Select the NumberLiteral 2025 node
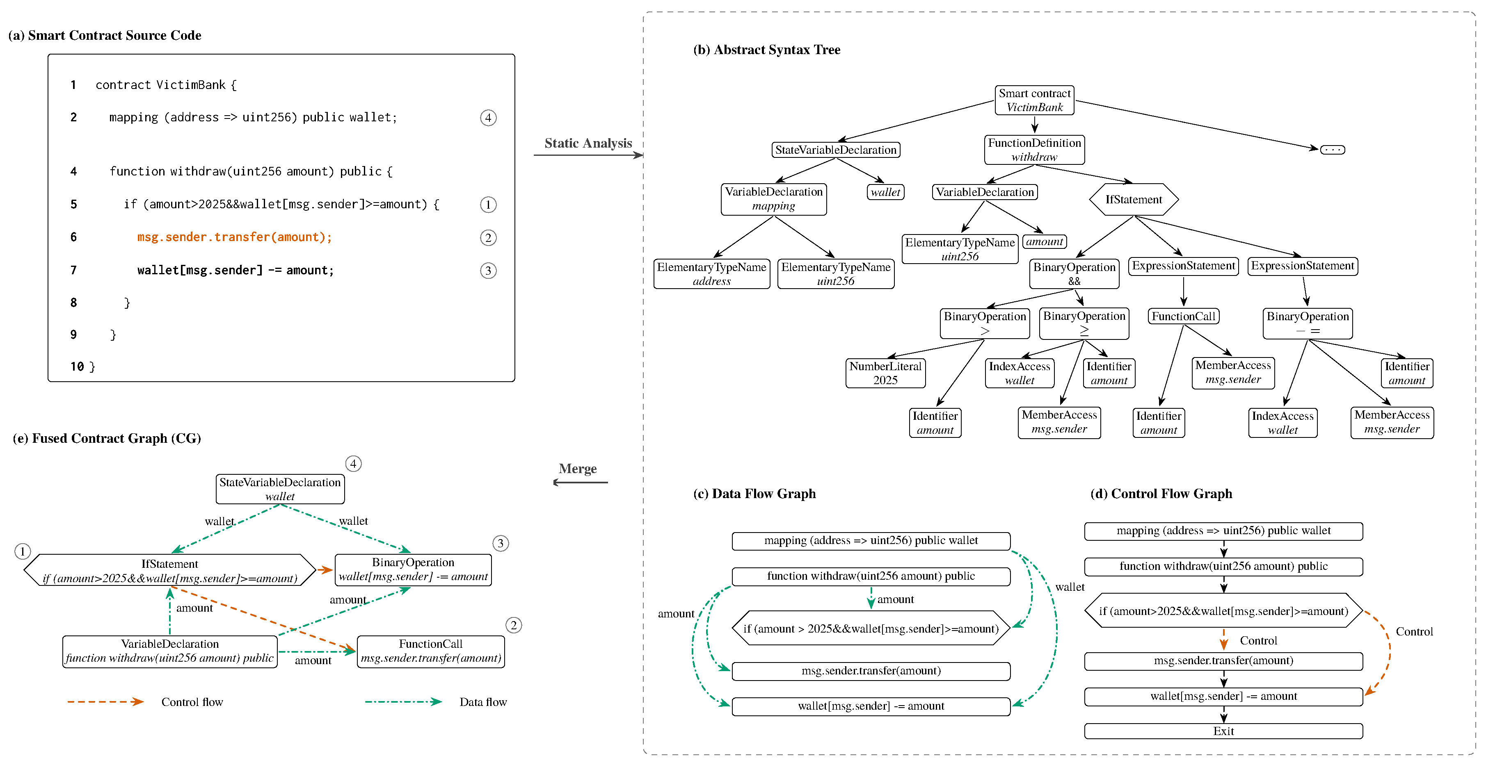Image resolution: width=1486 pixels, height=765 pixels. (885, 373)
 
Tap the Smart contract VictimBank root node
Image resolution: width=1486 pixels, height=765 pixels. (1034, 100)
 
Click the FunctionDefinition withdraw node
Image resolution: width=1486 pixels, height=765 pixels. (1034, 149)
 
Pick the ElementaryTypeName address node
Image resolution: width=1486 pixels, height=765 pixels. (711, 274)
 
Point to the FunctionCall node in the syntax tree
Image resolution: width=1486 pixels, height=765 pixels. (1183, 316)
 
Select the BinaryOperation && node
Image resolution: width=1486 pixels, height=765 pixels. (1074, 274)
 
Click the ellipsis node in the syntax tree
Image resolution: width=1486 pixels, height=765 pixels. (1333, 149)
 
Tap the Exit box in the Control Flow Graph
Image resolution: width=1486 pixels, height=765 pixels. (1223, 731)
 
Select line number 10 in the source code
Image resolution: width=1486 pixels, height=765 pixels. (77, 367)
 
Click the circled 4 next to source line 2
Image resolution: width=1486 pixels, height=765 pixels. (488, 118)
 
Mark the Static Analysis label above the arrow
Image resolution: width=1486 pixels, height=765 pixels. (588, 143)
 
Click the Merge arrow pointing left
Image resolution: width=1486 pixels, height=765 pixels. (580, 483)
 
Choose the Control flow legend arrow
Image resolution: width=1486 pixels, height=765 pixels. (105, 701)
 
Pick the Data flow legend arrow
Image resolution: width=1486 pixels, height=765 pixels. (403, 701)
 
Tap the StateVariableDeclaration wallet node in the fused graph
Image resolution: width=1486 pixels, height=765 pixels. (280, 489)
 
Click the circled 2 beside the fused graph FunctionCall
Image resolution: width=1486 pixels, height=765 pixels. (513, 625)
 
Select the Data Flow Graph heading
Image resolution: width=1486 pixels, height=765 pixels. (754, 494)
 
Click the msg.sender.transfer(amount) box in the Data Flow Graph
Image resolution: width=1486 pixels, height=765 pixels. (871, 670)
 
